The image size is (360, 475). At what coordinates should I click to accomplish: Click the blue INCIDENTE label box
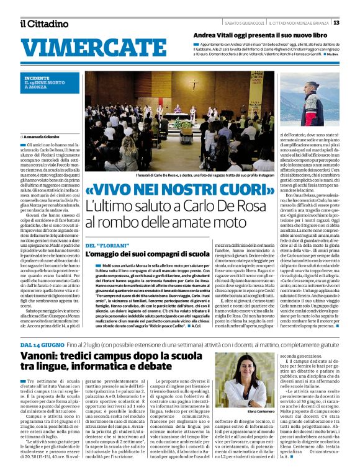43,83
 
